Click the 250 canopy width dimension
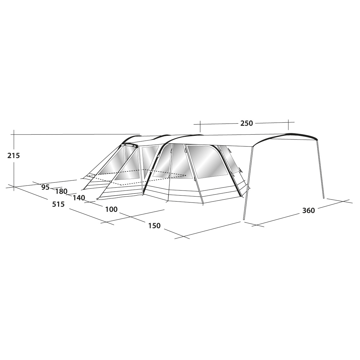(246, 123)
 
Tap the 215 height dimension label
(14, 156)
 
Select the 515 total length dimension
(58, 204)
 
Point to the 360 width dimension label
(308, 211)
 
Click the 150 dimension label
(154, 226)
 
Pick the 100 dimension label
(111, 209)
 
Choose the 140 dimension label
(79, 198)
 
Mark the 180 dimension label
(61, 191)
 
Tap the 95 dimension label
(46, 187)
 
